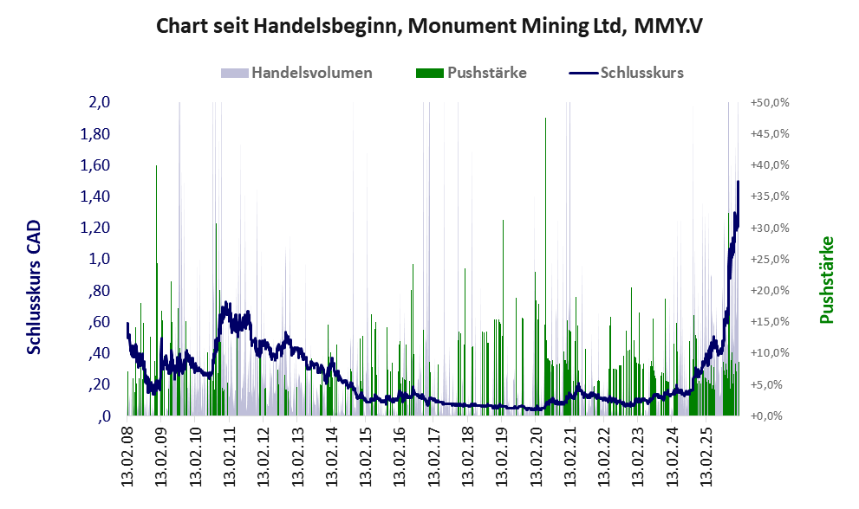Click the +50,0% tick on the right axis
[x=771, y=102]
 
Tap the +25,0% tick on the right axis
[x=771, y=259]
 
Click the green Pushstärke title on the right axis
[x=826, y=280]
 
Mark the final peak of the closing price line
[x=738, y=183]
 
